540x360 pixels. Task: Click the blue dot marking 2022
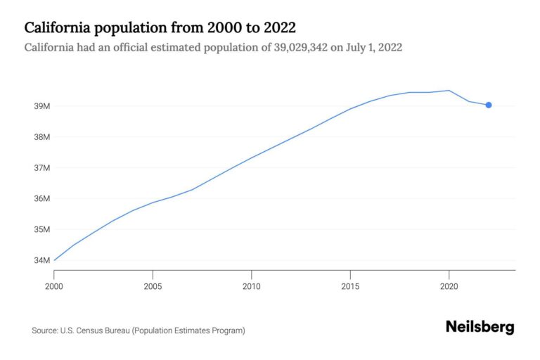[489, 105]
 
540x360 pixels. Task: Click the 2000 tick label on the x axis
[54, 286]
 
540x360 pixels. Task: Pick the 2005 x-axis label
[153, 286]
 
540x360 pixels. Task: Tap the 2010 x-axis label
[252, 286]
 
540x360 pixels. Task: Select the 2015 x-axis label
[350, 286]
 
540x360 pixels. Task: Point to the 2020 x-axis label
[449, 286]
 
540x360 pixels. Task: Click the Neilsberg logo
[480, 327]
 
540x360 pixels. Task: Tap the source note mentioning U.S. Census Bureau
[139, 330]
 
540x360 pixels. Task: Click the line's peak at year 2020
[449, 90]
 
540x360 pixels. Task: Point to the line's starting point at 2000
[54, 260]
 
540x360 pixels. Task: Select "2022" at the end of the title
[277, 28]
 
